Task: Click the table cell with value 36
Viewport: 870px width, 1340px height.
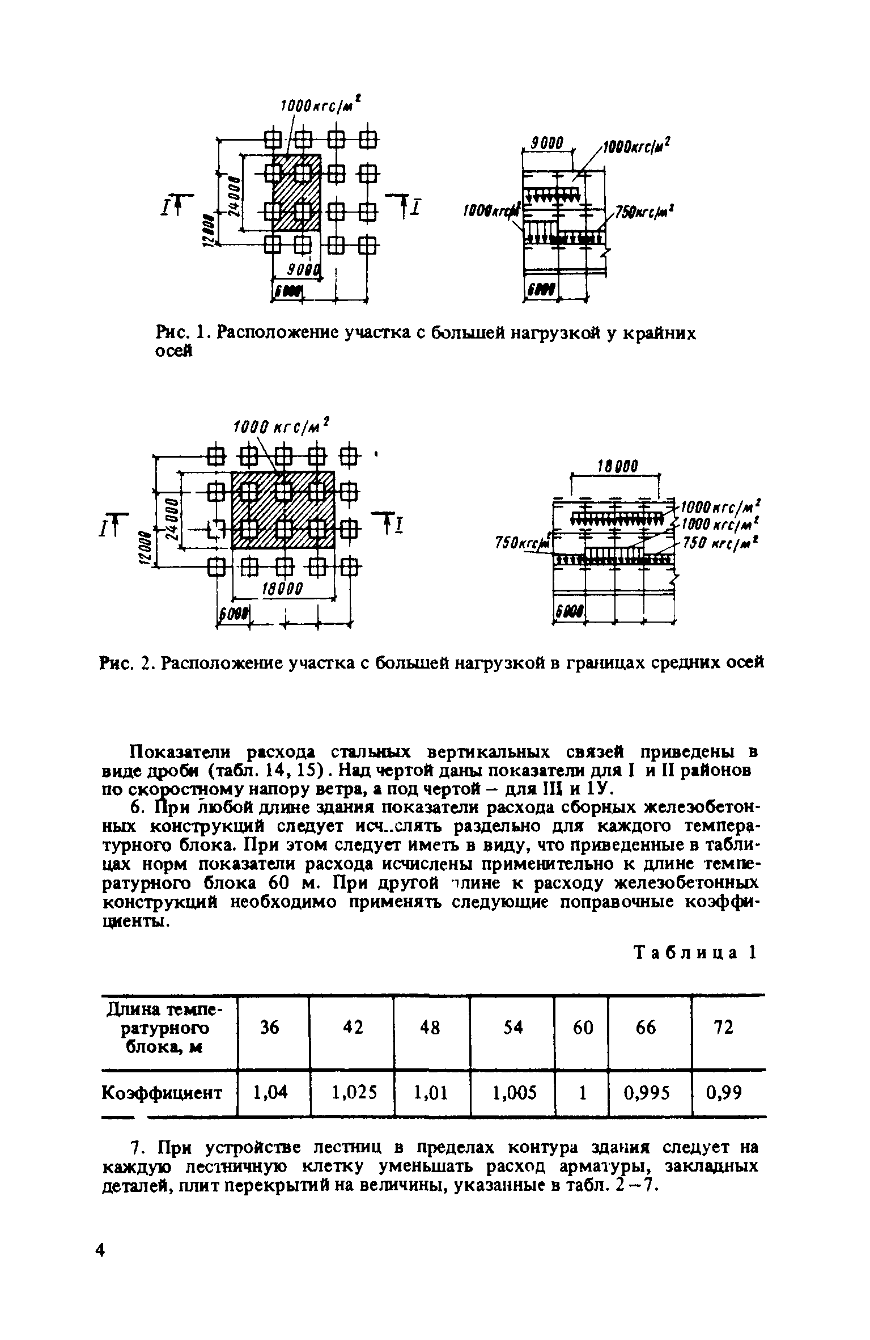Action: point(270,1028)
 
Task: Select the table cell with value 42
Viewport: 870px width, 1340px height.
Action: point(352,1028)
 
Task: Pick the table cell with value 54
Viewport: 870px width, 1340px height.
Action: point(512,1028)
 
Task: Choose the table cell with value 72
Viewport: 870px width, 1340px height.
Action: point(724,1028)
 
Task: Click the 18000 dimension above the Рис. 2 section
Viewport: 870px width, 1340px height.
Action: point(617,467)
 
